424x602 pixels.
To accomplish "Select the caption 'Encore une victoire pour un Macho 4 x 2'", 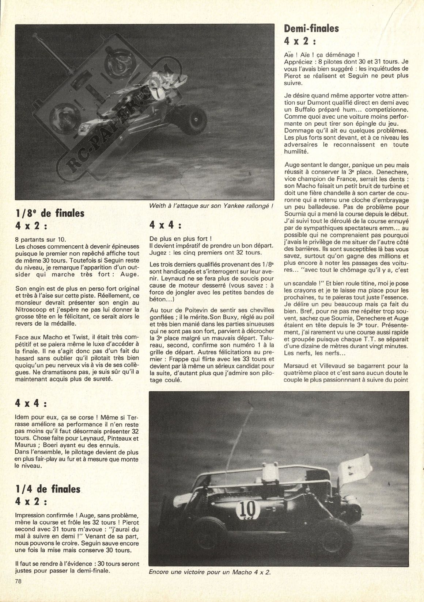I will coord(209,572).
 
